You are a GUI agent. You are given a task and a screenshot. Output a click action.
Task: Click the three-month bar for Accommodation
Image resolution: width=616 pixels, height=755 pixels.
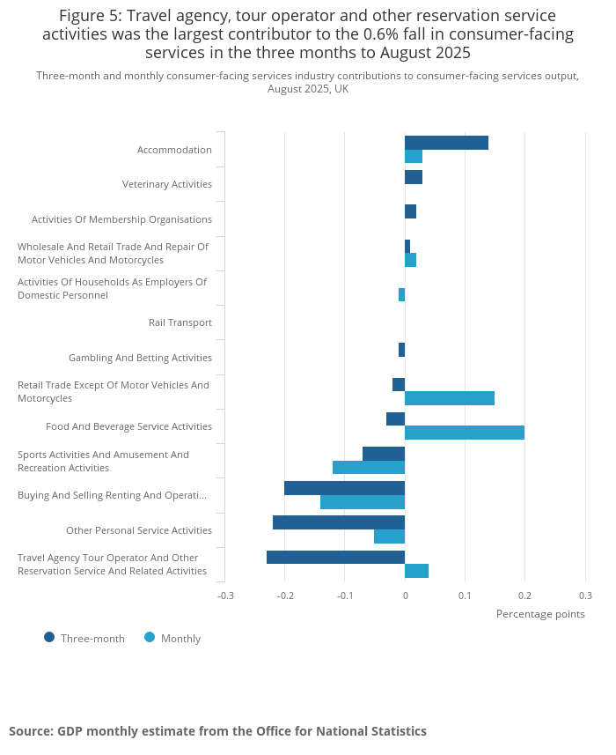(446, 143)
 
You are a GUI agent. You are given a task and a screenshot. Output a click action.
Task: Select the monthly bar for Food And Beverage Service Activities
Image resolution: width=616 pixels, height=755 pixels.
(465, 433)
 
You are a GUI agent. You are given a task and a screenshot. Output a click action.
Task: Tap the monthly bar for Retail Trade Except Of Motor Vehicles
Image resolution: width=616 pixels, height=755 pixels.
(450, 398)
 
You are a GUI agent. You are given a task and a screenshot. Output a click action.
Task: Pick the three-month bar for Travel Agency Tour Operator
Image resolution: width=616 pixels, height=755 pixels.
(335, 557)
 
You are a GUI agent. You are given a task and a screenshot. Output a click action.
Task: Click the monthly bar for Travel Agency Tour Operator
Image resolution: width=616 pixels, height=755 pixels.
(416, 571)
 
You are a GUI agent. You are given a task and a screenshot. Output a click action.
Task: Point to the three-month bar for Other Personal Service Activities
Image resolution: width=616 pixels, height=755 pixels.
(339, 522)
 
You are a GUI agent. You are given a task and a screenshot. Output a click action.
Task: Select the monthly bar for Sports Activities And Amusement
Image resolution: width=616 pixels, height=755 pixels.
(369, 468)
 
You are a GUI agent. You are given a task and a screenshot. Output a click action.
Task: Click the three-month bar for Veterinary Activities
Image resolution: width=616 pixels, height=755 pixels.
(414, 177)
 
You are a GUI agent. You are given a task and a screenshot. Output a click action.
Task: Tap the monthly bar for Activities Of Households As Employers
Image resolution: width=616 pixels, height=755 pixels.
(401, 294)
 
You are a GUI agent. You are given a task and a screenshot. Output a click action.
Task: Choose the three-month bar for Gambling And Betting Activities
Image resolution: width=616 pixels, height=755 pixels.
(401, 350)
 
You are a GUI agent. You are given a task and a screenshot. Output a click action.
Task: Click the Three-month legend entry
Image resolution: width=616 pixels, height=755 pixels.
(84, 639)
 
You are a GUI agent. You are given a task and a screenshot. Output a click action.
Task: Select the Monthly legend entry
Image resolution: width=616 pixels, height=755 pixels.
(172, 639)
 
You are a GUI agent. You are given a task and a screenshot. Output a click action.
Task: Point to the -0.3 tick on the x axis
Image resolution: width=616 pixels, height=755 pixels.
(225, 596)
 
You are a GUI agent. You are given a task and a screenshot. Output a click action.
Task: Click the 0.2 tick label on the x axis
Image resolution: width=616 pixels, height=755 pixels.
(524, 596)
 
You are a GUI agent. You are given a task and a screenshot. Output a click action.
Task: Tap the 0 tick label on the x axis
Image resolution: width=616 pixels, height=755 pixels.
(405, 596)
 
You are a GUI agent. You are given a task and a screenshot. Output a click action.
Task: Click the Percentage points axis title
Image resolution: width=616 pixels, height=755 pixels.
(540, 614)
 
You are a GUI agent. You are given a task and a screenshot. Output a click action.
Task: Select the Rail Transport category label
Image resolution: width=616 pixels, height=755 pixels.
(180, 322)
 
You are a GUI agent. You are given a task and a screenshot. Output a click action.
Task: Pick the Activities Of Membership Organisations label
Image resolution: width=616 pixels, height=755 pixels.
(121, 219)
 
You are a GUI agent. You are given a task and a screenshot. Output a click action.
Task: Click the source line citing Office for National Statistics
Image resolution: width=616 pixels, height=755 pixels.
(217, 731)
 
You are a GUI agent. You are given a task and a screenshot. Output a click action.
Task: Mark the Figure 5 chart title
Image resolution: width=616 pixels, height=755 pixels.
(307, 34)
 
